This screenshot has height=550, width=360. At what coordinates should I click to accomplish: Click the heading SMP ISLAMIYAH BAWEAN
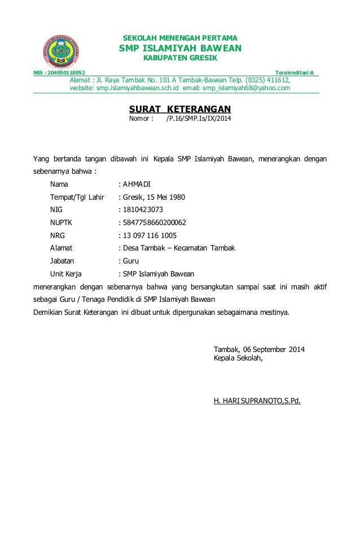(x=180, y=48)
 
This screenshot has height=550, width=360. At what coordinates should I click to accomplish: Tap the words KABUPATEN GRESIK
(x=180, y=58)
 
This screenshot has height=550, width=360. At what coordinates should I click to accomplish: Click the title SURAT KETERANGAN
(x=180, y=109)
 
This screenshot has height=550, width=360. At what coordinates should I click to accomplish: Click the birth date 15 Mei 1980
(x=165, y=197)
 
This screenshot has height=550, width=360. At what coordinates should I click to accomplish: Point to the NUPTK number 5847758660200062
(x=155, y=223)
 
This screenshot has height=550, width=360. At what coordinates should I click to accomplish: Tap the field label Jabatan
(x=62, y=261)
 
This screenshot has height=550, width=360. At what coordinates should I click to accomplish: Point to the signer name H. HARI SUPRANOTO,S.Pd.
(x=257, y=402)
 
